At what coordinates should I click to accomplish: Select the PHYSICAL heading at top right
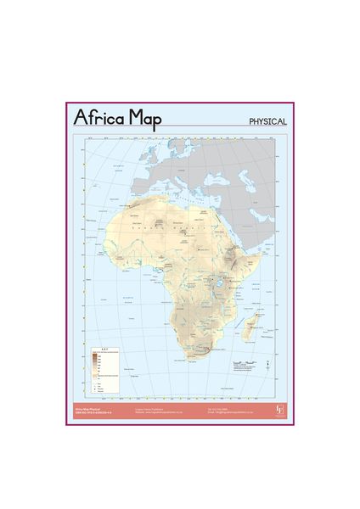[x=267, y=121]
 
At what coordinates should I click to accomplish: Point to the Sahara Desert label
[x=161, y=228]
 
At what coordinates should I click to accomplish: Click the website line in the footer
[x=160, y=413]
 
